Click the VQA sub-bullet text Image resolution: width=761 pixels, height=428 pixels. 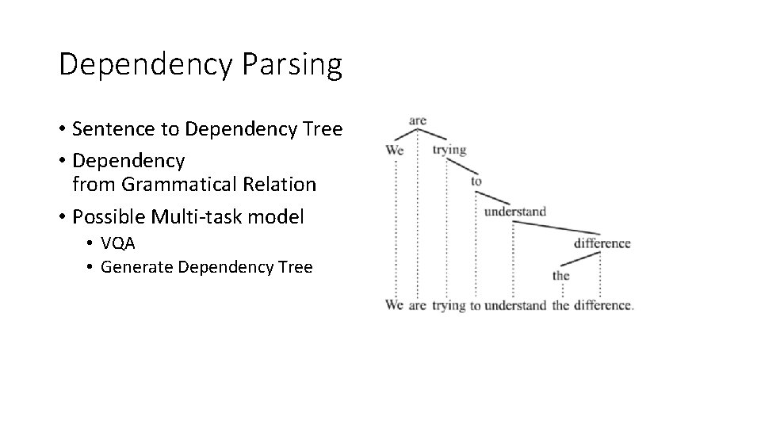118,244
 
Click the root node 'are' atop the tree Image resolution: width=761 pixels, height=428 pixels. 418,120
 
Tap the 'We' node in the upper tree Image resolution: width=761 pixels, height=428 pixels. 395,150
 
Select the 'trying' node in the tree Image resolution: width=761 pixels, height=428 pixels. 449,149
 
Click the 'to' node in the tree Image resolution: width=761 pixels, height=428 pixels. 476,181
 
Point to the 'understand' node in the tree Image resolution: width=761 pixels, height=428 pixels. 515,212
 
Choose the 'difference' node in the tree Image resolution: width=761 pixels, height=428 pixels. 602,243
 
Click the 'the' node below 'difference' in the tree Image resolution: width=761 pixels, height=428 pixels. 561,276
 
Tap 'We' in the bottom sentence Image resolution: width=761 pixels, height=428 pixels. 395,305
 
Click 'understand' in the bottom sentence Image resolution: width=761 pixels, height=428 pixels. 515,305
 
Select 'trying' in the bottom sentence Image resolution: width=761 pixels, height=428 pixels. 449,305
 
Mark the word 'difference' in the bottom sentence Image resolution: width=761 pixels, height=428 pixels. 602,305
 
